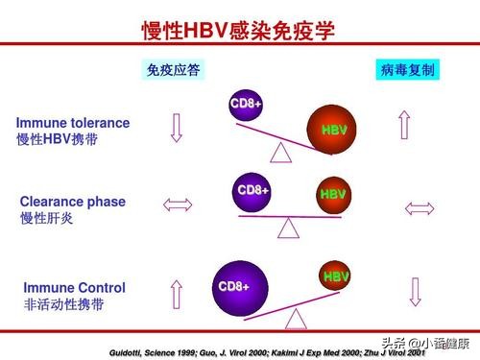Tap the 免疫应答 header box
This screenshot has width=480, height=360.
(175, 71)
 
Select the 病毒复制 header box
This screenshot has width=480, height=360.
(406, 71)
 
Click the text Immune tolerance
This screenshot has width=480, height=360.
(73, 123)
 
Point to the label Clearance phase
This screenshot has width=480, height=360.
(73, 202)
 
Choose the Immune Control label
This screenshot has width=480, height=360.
(74, 287)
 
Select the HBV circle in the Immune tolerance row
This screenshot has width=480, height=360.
(333, 130)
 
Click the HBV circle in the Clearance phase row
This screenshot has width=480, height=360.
(332, 195)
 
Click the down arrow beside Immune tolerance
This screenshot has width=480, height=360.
(176, 128)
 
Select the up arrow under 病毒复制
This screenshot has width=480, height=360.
(405, 125)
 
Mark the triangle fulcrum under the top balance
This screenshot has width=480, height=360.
(280, 152)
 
